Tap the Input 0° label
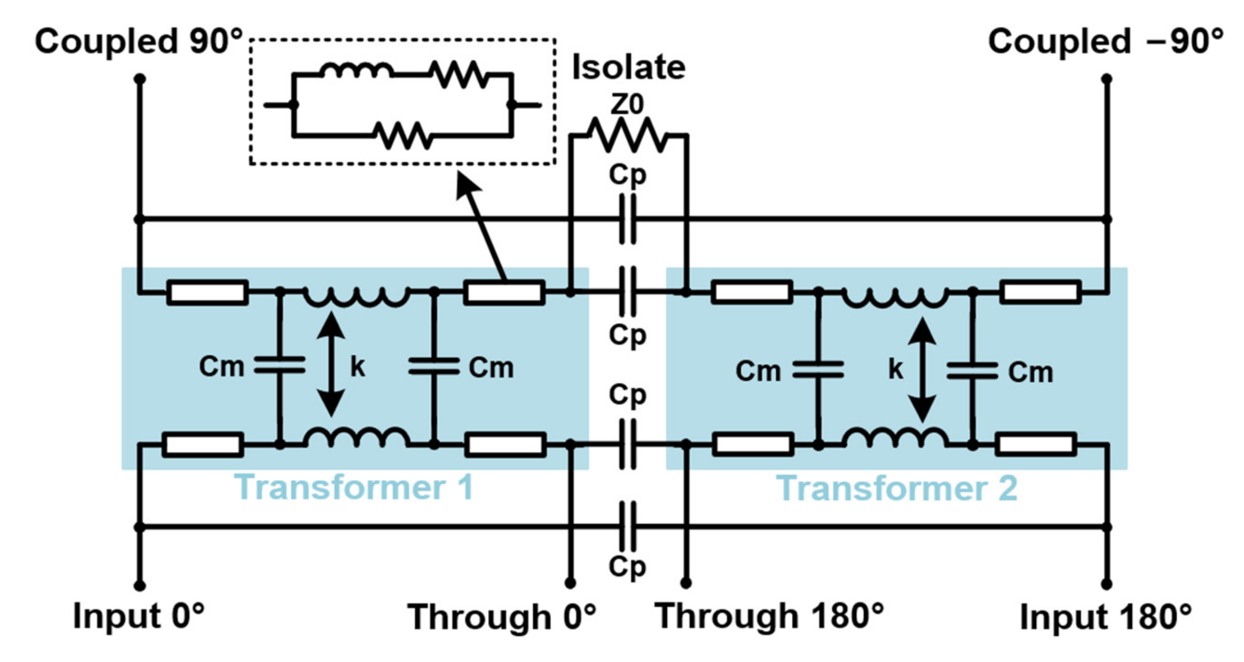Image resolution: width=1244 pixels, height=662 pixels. (x=139, y=616)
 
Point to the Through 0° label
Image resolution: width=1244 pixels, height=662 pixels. (x=501, y=617)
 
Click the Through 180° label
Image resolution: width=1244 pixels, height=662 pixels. (x=770, y=616)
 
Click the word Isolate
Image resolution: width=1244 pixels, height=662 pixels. (x=628, y=67)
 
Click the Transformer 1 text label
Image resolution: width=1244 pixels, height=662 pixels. (x=354, y=488)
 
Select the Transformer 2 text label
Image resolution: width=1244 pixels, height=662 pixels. (x=896, y=489)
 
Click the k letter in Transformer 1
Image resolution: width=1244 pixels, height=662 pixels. (x=358, y=367)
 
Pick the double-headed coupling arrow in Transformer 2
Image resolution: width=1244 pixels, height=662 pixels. (x=922, y=370)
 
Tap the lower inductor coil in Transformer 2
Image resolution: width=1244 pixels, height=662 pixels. (x=895, y=437)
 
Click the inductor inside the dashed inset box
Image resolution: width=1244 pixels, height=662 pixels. (x=357, y=71)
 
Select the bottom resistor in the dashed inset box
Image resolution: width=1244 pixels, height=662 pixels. (x=402, y=135)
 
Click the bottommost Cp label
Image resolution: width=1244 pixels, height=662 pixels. (x=627, y=566)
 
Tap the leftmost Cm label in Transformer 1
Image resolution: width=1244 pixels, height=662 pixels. (x=221, y=367)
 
